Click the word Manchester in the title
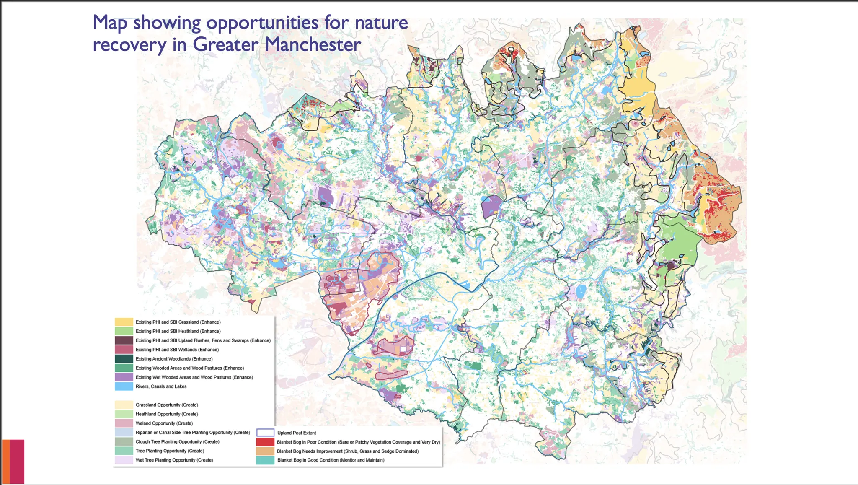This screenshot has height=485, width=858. point(313,44)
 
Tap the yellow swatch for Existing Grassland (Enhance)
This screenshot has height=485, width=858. point(124,322)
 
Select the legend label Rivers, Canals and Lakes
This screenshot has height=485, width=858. point(161,386)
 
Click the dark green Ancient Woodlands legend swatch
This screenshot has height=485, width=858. point(124,359)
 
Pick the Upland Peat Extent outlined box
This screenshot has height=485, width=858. point(265,433)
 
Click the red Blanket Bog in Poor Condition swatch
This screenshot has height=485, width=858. point(265,442)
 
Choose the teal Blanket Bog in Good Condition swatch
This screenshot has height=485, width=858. point(265,460)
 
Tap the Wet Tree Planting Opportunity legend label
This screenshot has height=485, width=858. point(174,460)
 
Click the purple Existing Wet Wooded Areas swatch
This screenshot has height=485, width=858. point(124,377)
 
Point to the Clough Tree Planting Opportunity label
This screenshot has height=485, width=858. point(177,442)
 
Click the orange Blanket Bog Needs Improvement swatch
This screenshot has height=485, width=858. point(265,451)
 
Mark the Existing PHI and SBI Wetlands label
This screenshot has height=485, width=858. point(177,350)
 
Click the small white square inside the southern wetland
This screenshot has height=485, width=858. point(403,349)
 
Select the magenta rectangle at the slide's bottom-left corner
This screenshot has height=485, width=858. point(17,461)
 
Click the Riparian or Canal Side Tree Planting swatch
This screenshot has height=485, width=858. point(124,433)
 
